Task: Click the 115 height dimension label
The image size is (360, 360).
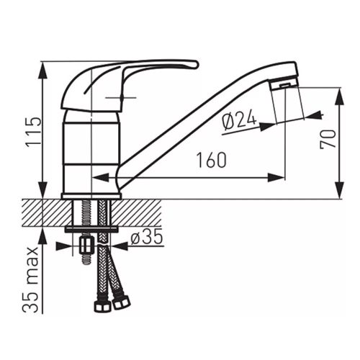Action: tap(33, 132)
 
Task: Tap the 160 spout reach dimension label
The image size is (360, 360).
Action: tap(212, 160)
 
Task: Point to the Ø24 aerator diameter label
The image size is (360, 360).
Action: tap(239, 122)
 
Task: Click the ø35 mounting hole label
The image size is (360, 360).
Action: tap(147, 237)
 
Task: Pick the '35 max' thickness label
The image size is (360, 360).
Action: tap(30, 279)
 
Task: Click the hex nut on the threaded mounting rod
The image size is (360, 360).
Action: tap(86, 245)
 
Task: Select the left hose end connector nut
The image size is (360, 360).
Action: tap(102, 305)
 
